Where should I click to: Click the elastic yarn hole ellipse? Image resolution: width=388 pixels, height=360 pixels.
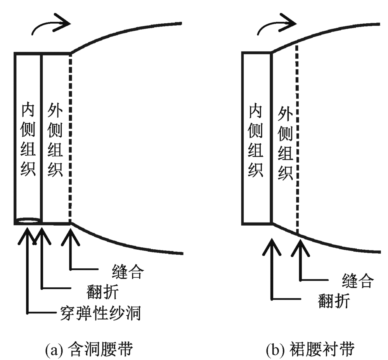pos(28,220)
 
